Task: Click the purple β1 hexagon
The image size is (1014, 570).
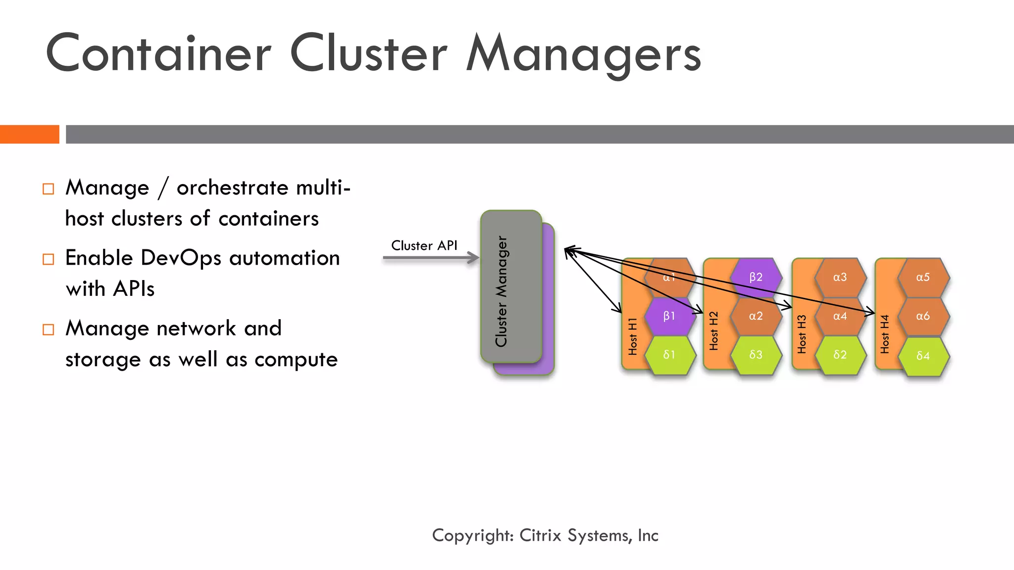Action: (669, 316)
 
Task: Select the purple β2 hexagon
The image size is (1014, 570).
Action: (756, 277)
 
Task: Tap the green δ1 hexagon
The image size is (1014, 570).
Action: (669, 355)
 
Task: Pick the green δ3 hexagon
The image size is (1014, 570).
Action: (756, 355)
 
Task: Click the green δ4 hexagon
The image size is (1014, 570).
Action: (923, 356)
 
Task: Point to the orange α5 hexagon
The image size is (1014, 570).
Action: (923, 277)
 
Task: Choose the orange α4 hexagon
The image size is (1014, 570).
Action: (840, 316)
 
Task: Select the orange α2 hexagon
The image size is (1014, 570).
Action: (756, 316)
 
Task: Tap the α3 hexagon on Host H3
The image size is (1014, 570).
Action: (840, 277)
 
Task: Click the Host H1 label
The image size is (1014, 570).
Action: (632, 336)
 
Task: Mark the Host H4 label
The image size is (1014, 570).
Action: (885, 334)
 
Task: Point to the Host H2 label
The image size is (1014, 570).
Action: (713, 331)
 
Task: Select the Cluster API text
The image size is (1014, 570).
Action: (424, 245)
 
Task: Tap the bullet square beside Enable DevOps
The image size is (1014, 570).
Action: (48, 259)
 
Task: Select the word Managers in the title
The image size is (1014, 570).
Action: (583, 54)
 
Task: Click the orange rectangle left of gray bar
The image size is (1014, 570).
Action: (29, 134)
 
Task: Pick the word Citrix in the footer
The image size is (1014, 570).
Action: (540, 535)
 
